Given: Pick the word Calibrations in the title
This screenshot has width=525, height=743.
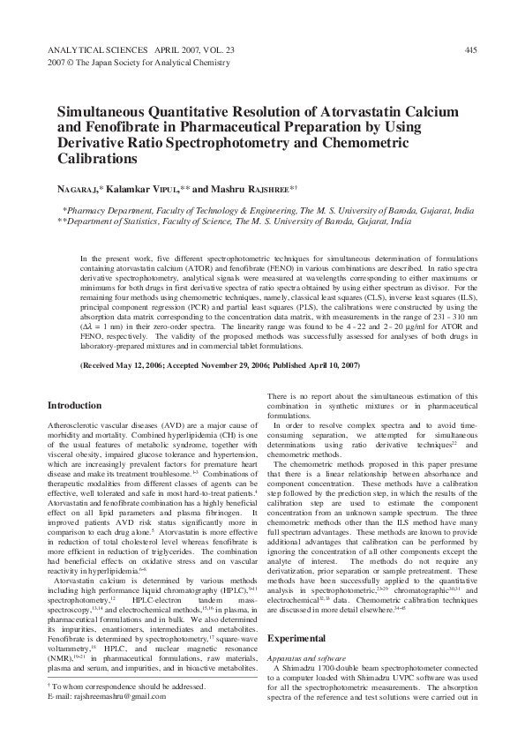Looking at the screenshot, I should (97, 161).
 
